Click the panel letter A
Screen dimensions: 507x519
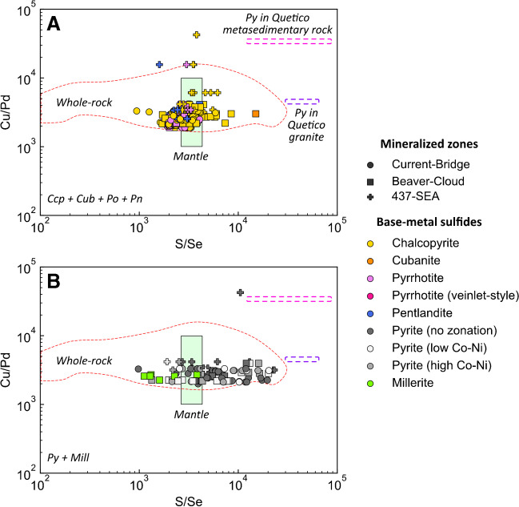click(54, 24)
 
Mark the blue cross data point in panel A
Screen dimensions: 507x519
click(159, 64)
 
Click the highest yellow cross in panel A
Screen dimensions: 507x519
click(197, 34)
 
